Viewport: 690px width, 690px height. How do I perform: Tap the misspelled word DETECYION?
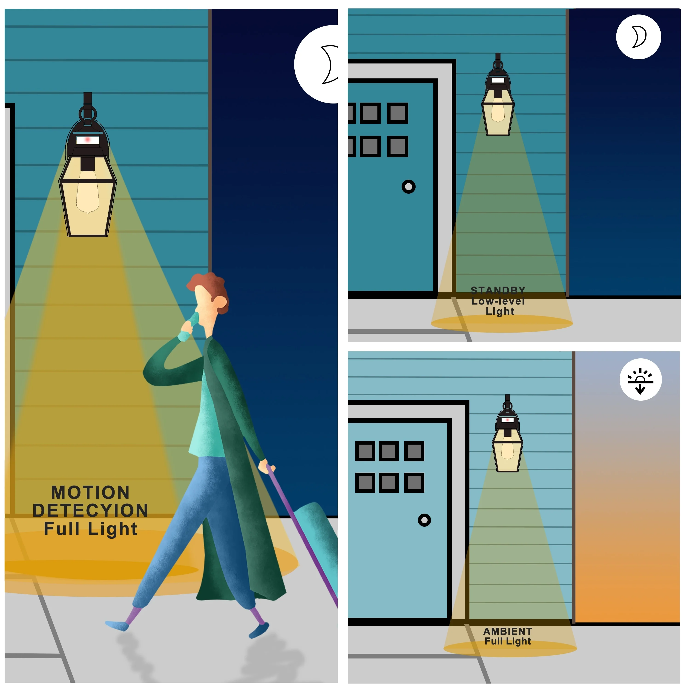90,511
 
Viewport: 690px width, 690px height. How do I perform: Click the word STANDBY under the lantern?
498,290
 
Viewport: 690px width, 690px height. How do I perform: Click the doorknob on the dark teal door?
408,187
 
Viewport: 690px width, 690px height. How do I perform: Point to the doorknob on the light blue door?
424,520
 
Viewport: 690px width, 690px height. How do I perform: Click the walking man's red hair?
211,289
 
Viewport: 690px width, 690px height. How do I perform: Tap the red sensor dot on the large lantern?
87,140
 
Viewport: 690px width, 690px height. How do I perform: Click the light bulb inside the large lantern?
87,193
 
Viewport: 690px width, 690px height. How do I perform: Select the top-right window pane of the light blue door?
414,451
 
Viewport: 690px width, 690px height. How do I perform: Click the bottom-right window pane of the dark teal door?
397,147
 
